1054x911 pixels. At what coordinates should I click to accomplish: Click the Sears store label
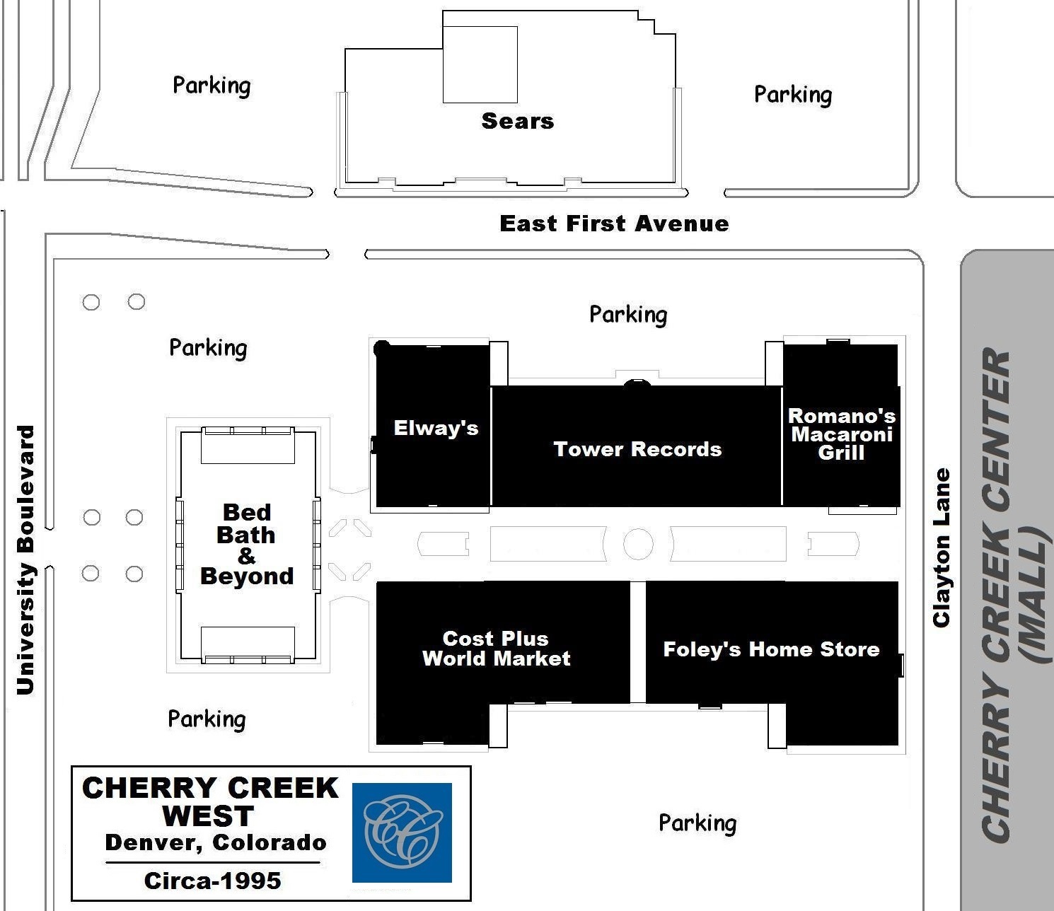(518, 122)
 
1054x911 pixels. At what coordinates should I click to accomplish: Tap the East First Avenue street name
(614, 224)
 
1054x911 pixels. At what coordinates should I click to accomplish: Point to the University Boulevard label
(25, 559)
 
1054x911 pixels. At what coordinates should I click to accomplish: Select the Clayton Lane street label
(942, 547)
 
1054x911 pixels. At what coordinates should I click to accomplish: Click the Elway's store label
(436, 428)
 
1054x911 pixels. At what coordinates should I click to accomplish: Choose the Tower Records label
(637, 449)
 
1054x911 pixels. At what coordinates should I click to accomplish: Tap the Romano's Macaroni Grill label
(841, 434)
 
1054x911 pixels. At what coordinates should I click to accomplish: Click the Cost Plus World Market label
(496, 649)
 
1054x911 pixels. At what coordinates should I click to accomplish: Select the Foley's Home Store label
(771, 649)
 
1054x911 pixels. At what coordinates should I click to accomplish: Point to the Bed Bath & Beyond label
(247, 545)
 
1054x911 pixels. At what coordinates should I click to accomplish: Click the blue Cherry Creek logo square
(402, 832)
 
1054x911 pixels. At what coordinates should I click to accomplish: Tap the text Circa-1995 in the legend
(213, 881)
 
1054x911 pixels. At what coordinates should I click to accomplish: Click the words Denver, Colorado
(216, 842)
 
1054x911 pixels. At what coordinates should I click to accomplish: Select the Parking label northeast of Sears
(793, 95)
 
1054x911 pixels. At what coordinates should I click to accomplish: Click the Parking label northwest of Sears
(212, 86)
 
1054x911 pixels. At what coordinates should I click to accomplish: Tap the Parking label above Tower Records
(628, 315)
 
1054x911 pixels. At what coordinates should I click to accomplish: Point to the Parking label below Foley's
(697, 823)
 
